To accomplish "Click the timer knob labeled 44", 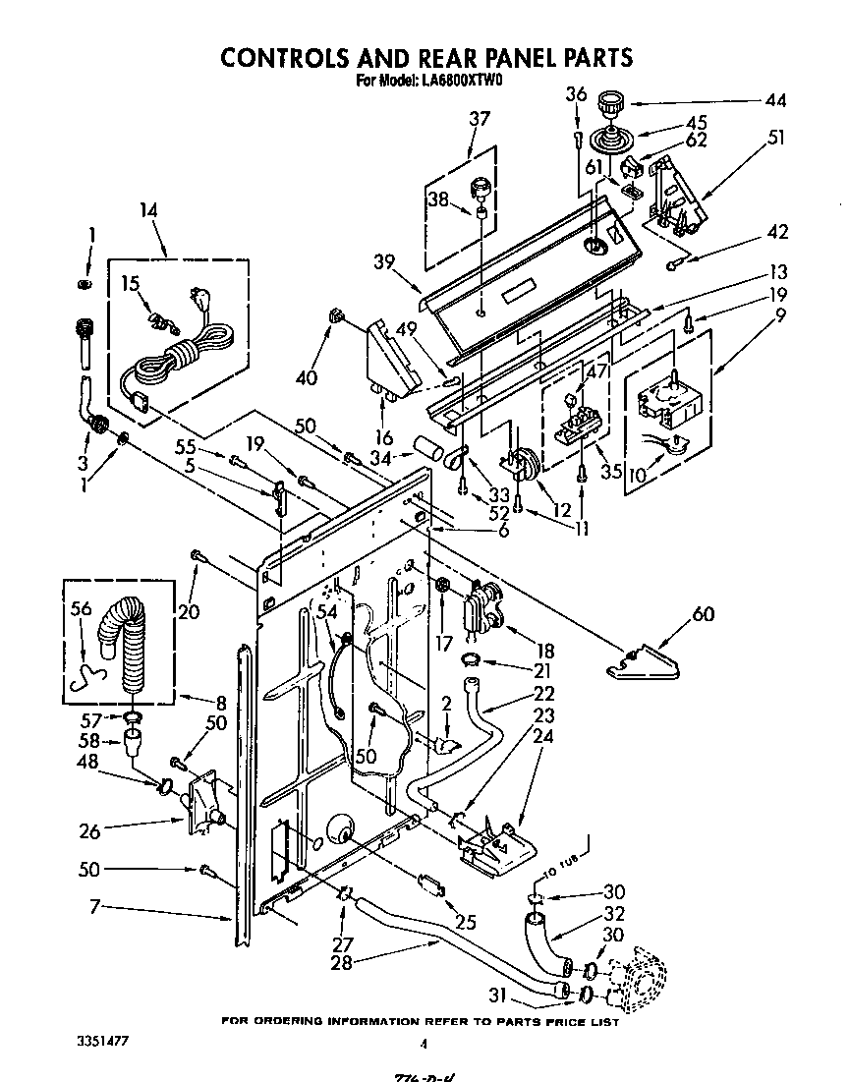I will pyautogui.click(x=612, y=101).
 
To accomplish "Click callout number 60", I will pyautogui.click(x=704, y=615).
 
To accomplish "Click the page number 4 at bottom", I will pyautogui.click(x=424, y=1045).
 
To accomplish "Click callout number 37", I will pyautogui.click(x=479, y=119).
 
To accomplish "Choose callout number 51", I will pyautogui.click(x=775, y=138).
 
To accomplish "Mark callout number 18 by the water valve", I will pyautogui.click(x=544, y=651).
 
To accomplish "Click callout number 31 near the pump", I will pyautogui.click(x=499, y=994).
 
